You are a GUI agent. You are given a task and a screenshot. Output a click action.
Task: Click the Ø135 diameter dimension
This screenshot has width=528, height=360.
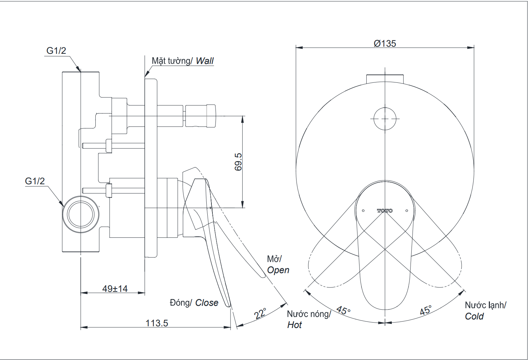(x=385, y=43)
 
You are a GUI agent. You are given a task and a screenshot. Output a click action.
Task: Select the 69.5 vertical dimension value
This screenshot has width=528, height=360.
(x=238, y=161)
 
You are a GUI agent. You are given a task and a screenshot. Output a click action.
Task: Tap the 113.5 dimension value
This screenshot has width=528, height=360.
(x=157, y=323)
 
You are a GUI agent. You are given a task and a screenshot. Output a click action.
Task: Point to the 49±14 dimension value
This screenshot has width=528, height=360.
(x=115, y=288)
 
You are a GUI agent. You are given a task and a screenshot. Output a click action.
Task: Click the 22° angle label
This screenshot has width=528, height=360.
(x=260, y=313)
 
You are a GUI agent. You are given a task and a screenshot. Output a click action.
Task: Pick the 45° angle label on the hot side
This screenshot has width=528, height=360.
(x=343, y=310)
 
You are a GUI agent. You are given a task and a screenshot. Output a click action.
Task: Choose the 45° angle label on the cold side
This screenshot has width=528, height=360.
(x=426, y=310)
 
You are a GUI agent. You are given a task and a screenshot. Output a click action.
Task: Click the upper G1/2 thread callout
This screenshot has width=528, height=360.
(x=56, y=51)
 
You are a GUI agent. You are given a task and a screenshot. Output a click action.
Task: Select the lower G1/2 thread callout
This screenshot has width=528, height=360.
(x=35, y=181)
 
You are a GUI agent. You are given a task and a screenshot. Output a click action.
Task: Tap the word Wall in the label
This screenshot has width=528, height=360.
(x=205, y=61)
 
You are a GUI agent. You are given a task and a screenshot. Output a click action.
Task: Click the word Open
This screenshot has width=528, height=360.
(x=278, y=270)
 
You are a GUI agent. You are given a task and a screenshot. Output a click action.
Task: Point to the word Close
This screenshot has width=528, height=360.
(x=207, y=303)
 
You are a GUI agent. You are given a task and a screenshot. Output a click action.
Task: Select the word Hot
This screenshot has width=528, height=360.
(x=294, y=325)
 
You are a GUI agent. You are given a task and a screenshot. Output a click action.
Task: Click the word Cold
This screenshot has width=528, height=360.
(x=474, y=316)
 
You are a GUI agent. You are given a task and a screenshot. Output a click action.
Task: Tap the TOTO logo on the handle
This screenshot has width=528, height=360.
(x=385, y=211)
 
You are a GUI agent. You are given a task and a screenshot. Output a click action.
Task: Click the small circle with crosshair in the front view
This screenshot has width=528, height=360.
(x=385, y=119)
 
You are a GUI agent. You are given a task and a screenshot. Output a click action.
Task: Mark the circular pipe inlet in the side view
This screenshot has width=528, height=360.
(x=81, y=215)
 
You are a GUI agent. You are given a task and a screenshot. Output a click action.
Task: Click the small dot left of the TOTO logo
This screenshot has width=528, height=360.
(x=363, y=211)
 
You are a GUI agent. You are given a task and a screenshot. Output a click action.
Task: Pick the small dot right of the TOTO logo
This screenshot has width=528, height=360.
(x=406, y=211)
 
